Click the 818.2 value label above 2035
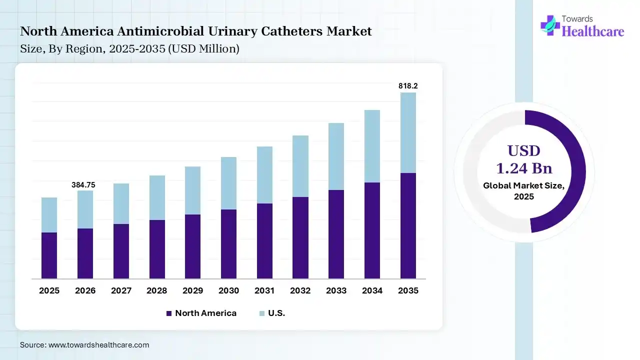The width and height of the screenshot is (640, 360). click(x=408, y=86)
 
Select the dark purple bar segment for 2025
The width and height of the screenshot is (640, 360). click(x=49, y=255)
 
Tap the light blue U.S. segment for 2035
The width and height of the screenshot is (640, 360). click(x=408, y=132)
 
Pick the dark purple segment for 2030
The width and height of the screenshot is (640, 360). click(x=228, y=244)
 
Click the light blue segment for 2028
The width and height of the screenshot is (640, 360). click(x=157, y=197)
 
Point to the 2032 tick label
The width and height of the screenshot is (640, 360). click(x=300, y=290)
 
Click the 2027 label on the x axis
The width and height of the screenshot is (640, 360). click(x=121, y=290)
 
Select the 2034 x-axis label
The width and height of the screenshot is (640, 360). click(x=372, y=290)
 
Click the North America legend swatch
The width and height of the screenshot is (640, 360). click(x=168, y=313)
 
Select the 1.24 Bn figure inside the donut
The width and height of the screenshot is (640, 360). click(x=523, y=168)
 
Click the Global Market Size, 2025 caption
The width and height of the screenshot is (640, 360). click(x=523, y=191)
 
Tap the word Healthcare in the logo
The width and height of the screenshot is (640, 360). click(x=593, y=31)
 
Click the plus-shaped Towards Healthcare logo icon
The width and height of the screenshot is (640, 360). click(x=550, y=25)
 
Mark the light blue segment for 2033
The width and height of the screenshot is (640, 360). click(x=336, y=156)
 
